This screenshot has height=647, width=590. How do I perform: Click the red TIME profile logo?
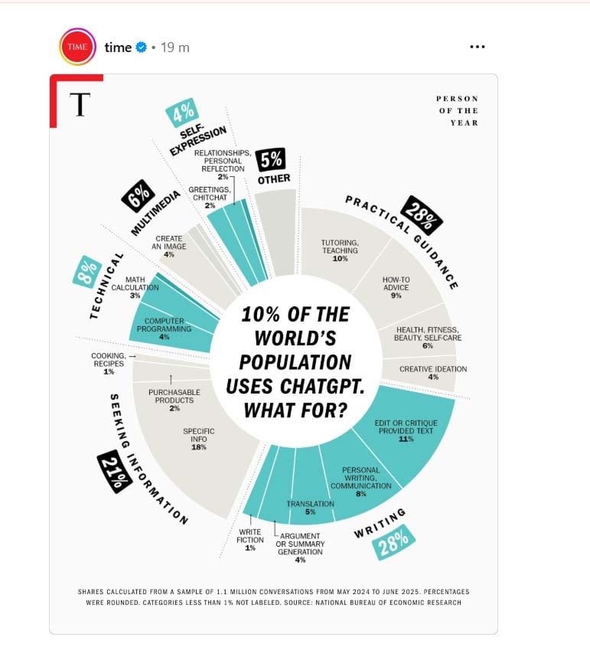tap(77, 47)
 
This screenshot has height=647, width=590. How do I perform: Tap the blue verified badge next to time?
tap(142, 47)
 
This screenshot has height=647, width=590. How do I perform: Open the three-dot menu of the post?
tap(477, 47)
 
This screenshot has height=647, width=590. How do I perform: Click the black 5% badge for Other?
tap(271, 161)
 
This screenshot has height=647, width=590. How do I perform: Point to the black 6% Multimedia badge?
tap(139, 199)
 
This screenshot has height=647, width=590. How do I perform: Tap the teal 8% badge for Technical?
tap(87, 271)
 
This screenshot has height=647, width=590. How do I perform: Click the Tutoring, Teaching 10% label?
tap(340, 250)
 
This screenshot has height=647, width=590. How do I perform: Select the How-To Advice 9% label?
tap(396, 287)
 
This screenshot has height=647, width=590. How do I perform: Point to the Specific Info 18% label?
tap(198, 439)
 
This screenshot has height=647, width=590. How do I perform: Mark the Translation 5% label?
tap(310, 508)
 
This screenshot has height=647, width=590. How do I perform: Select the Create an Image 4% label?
tap(168, 246)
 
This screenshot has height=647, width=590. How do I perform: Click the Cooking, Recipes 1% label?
tap(108, 363)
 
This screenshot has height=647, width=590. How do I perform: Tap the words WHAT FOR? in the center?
tap(295, 410)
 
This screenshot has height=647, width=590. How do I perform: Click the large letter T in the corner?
tap(77, 105)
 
